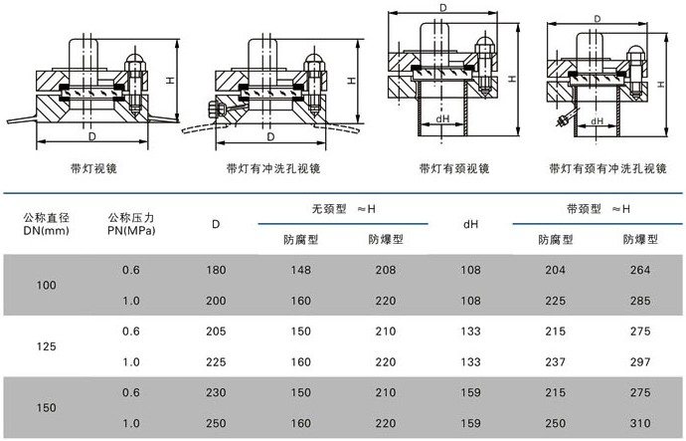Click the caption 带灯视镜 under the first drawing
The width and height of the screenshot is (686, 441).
[95, 169]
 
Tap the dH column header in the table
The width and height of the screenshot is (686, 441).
[472, 223]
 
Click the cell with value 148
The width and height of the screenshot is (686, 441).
[301, 270]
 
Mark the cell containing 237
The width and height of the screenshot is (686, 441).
[556, 361]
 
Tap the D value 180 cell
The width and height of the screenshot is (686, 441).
[216, 270]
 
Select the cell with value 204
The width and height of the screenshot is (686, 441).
[556, 270]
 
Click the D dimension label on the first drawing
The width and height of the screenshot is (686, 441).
[91, 134]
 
